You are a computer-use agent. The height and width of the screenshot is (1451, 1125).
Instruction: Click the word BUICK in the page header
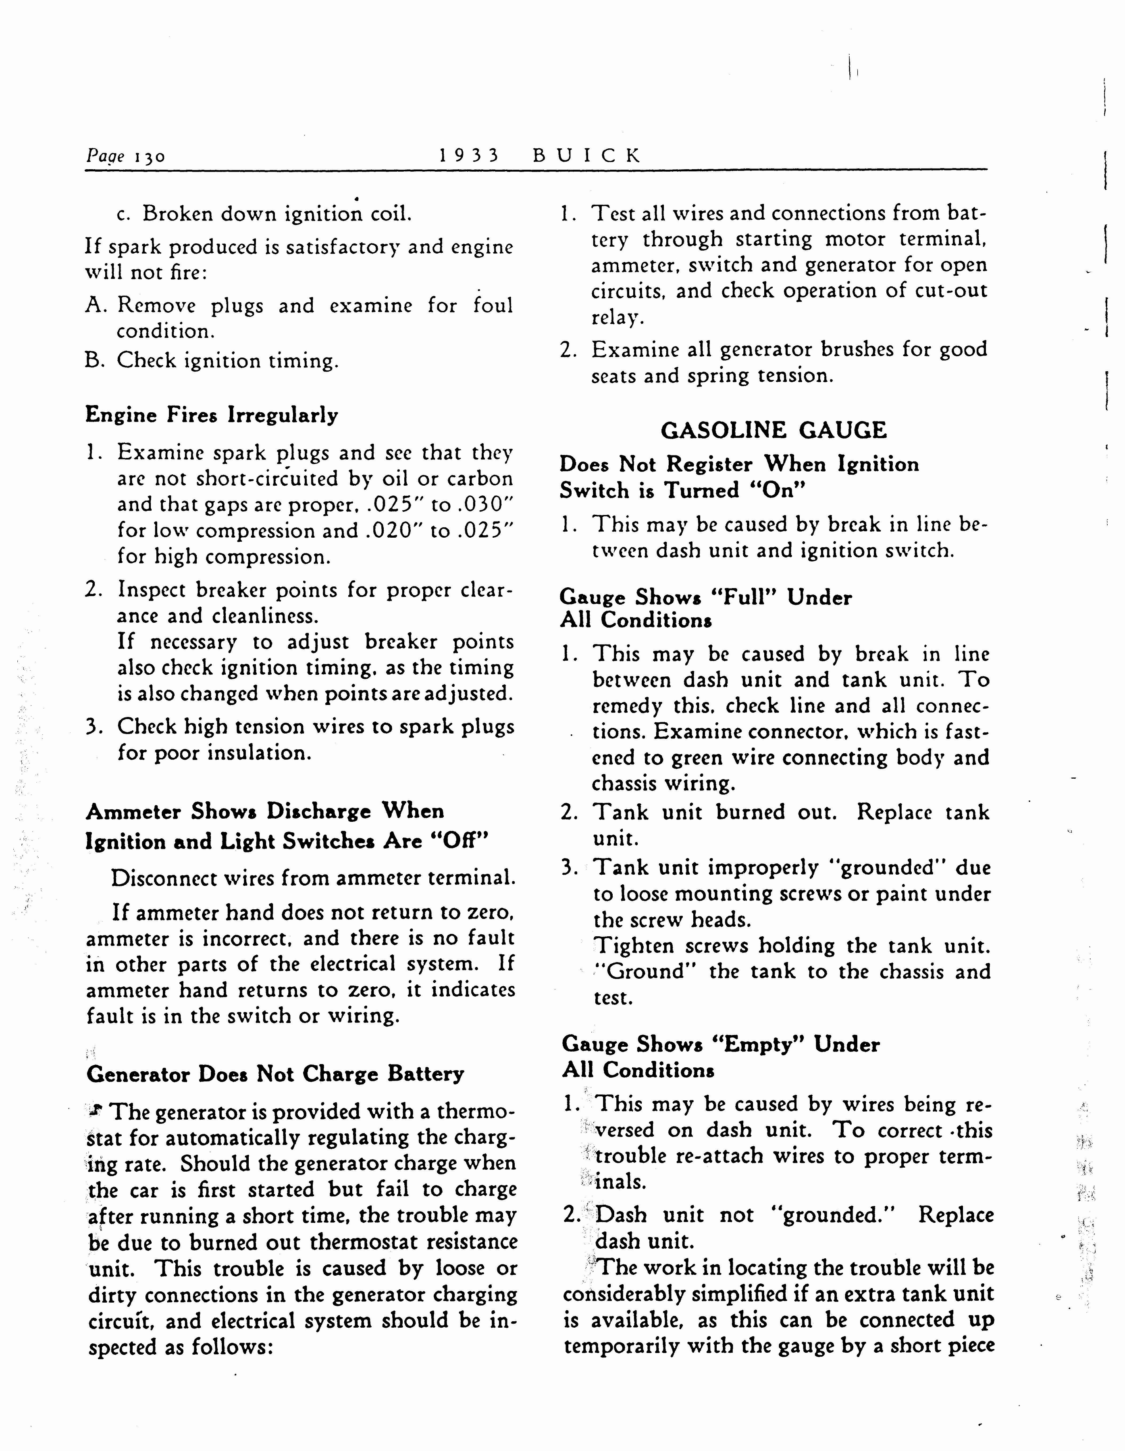587,156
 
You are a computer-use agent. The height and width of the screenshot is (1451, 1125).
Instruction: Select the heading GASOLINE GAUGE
774,430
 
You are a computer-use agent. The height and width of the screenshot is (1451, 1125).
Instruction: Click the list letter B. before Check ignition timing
95,361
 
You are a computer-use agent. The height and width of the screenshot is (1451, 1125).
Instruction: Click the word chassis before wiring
625,784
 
